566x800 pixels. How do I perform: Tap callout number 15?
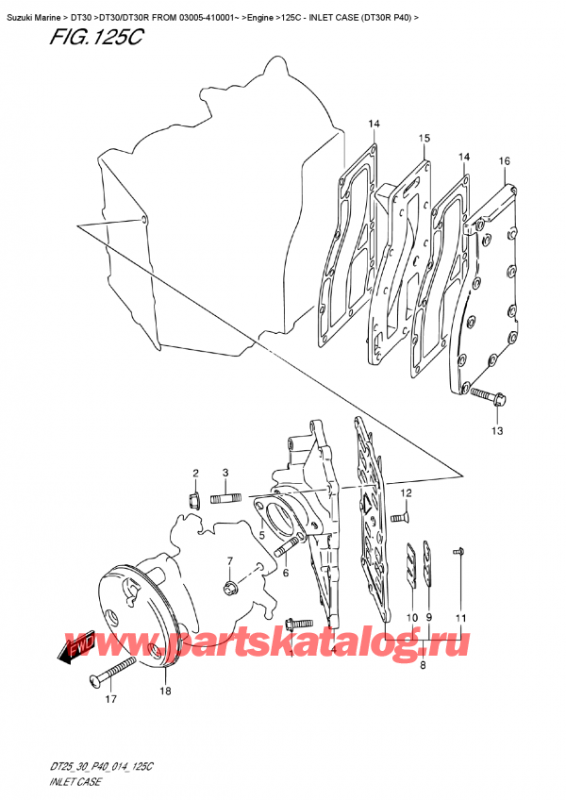coord(424,139)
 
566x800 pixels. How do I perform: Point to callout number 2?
coord(195,474)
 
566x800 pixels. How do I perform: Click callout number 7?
coord(228,562)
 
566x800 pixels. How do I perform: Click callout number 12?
coord(406,493)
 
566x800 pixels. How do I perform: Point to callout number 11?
coord(460,617)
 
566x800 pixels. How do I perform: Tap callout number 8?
coord(423,665)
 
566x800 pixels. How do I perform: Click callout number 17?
coord(110,700)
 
